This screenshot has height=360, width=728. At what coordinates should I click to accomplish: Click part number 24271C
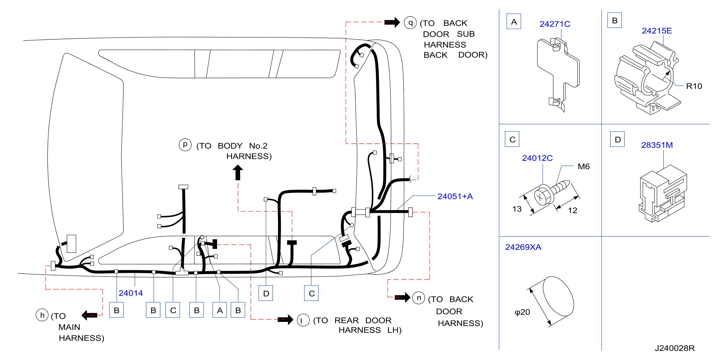coord(555,24)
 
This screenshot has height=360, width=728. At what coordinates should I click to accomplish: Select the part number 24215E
coord(657,31)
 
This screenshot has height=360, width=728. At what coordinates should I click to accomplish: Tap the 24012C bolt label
coord(537,158)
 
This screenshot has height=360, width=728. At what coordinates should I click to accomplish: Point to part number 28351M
coord(657,145)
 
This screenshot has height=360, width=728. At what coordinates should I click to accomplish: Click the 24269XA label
coord(523,247)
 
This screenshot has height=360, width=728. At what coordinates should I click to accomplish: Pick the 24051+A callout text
coord(455,196)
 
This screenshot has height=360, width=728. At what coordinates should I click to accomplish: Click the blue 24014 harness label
coord(131,293)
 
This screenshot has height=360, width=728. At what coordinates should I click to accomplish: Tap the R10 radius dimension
coord(694,86)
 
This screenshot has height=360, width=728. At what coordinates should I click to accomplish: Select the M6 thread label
coord(584,166)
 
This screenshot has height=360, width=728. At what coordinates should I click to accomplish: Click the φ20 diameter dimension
coord(522,312)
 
